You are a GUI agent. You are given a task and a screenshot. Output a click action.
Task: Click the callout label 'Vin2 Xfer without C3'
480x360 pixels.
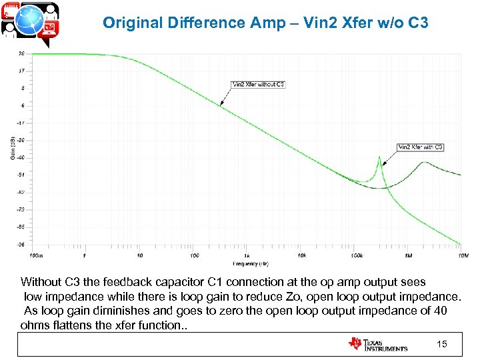click(258, 85)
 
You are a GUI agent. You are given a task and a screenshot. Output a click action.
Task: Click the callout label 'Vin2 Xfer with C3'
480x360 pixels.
click(421, 147)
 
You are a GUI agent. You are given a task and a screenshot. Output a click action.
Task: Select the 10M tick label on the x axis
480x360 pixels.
click(463, 255)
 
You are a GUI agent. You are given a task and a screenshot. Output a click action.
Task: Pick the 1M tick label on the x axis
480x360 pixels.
click(409, 255)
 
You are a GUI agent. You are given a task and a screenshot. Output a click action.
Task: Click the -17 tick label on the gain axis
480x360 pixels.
click(22, 123)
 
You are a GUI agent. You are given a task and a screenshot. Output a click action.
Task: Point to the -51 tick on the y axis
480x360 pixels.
click(22, 175)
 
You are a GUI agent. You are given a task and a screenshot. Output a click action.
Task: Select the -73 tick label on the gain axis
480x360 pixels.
click(22, 209)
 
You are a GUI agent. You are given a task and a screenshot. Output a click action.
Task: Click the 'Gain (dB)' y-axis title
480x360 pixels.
click(13, 148)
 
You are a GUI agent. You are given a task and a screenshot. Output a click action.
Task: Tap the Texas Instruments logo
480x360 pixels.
click(377, 344)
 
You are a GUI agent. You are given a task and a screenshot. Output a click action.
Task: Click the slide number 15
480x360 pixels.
click(441, 344)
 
